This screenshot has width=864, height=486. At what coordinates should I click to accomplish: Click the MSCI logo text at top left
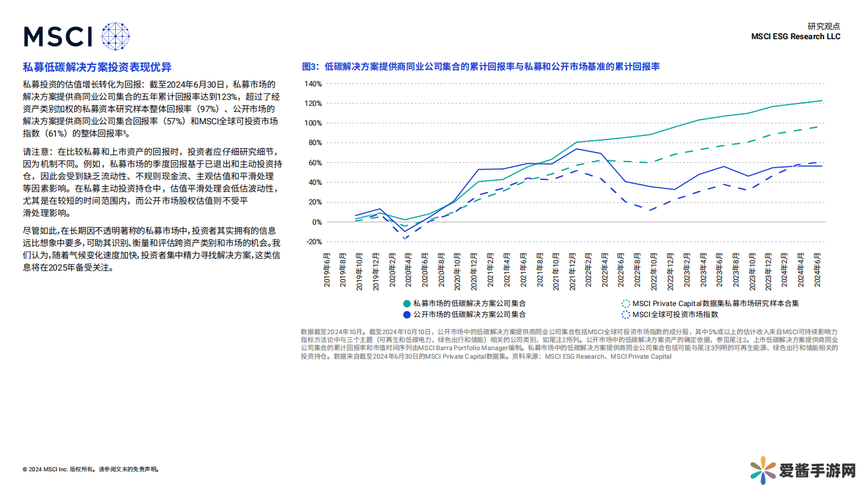(x=58, y=36)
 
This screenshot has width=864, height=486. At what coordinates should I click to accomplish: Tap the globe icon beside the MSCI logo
(x=116, y=36)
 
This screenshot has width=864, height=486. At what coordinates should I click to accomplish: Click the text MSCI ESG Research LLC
(x=795, y=37)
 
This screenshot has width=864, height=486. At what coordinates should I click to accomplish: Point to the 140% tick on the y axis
(x=313, y=84)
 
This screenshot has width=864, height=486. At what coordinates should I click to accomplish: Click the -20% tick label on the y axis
(x=313, y=242)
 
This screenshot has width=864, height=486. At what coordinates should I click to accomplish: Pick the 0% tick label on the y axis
(x=317, y=222)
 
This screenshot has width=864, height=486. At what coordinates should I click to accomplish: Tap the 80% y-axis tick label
(x=314, y=143)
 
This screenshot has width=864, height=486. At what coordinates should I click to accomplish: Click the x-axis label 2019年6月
(x=327, y=270)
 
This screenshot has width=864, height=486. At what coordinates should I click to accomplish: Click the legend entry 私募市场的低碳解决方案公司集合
(x=469, y=303)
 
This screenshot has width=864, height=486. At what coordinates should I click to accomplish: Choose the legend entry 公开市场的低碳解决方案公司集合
(x=469, y=315)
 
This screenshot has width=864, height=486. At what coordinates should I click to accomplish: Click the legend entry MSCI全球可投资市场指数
(x=675, y=315)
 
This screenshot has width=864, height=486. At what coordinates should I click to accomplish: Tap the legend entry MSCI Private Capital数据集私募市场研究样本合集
(x=715, y=303)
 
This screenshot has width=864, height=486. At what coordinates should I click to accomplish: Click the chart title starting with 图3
(x=481, y=67)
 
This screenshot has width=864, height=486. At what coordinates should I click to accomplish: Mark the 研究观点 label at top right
(x=824, y=26)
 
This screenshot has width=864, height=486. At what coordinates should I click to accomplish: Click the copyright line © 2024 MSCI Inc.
(x=91, y=469)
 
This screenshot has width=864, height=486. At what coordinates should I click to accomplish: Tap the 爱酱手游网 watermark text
(x=817, y=470)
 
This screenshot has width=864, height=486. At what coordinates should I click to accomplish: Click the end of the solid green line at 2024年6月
(x=822, y=100)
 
